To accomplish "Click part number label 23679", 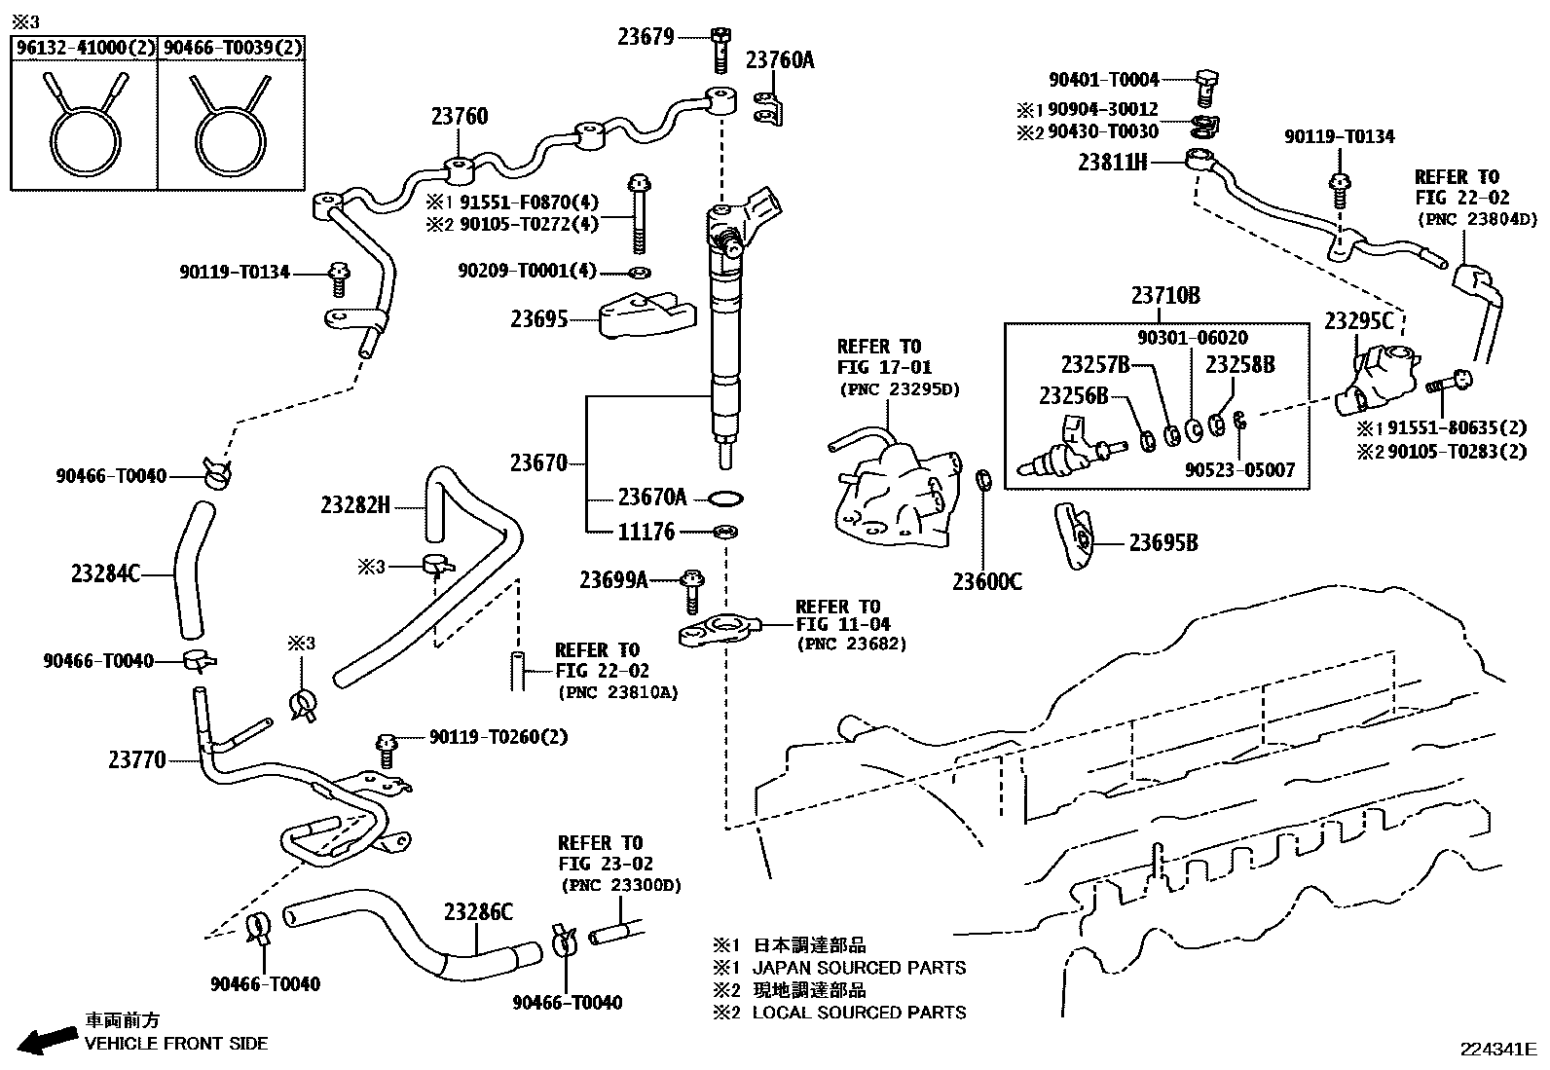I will pos(646,37).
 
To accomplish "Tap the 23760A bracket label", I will pos(780,60).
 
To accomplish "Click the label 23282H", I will pos(354,504).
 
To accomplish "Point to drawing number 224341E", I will pos(1496,1050).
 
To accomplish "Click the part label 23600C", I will pos(987,582).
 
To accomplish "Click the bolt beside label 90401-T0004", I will pos(1206,86).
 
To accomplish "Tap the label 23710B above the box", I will pos(1164,295).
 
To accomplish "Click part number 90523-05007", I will pos(1239,470).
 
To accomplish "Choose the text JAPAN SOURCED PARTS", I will pos(859,968).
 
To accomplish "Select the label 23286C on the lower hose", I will pos(477,912).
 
